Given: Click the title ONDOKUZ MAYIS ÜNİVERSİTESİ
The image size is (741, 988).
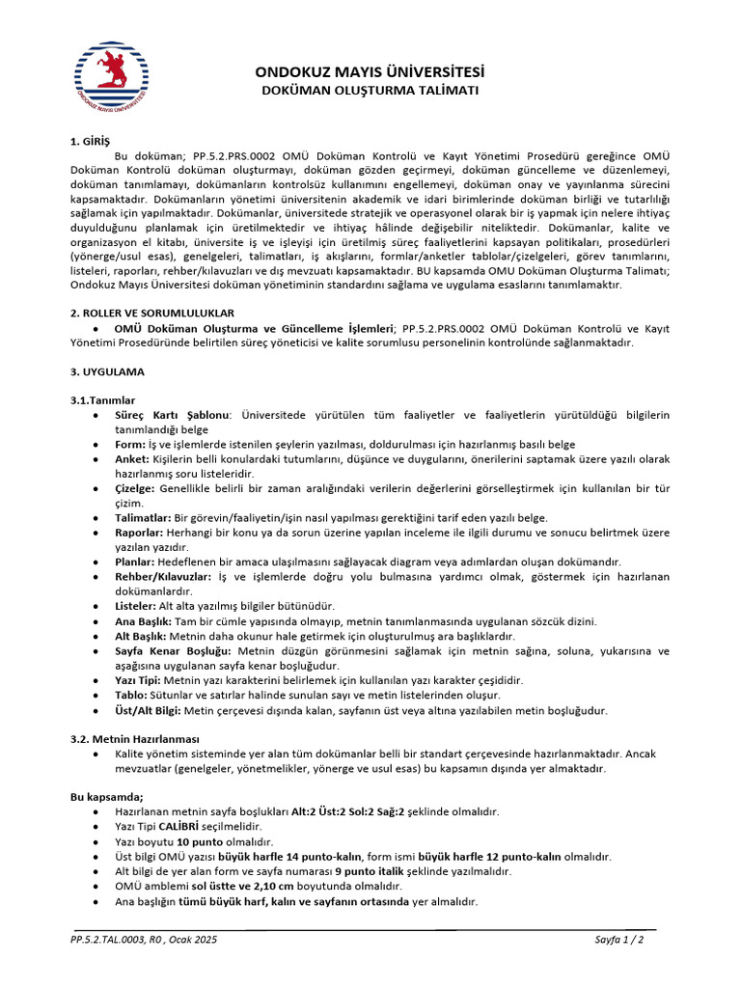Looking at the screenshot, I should [370, 72].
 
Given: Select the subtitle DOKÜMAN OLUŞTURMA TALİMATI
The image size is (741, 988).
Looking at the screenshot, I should [370, 91].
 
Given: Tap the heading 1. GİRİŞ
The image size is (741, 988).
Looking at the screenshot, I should [92, 142].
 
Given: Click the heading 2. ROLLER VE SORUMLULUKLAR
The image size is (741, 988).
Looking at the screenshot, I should [151, 314].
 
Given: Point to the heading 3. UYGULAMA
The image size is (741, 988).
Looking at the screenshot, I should [107, 371].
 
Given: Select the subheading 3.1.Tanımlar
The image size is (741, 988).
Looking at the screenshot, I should [102, 399].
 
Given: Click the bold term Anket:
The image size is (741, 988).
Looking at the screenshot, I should [132, 459].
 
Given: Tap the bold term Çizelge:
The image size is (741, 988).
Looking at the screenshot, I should [136, 489].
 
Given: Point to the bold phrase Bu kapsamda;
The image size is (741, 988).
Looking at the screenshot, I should [107, 796].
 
